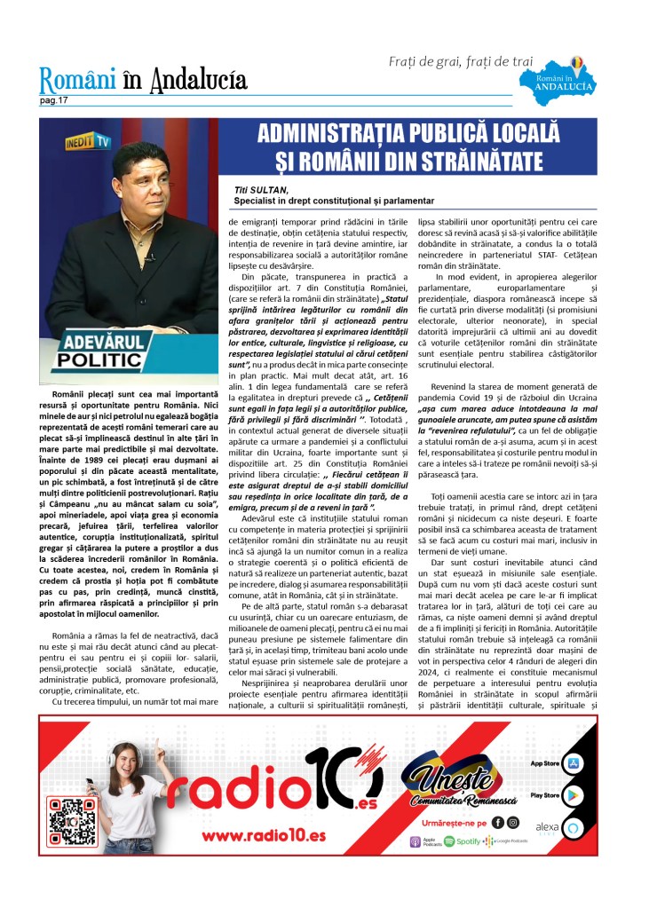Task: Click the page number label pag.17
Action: (53, 102)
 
